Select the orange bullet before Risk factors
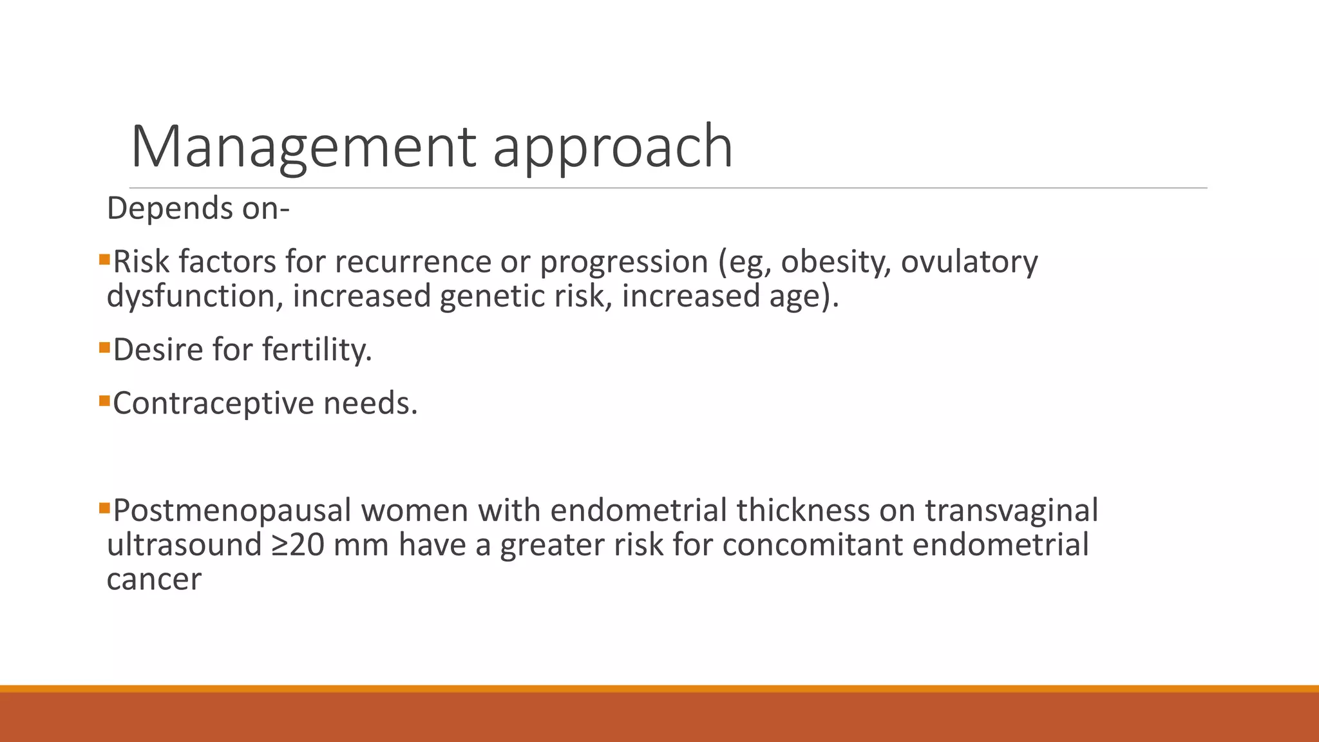tap(105, 260)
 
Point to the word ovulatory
tap(969, 262)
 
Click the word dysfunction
tap(194, 296)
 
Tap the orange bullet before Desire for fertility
tap(105, 348)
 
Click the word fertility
tap(317, 350)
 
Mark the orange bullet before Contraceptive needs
tap(105, 401)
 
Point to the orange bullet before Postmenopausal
tap(105, 508)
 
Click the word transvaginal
tap(1011, 511)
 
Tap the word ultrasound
tap(184, 545)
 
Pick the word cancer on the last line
tap(154, 580)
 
